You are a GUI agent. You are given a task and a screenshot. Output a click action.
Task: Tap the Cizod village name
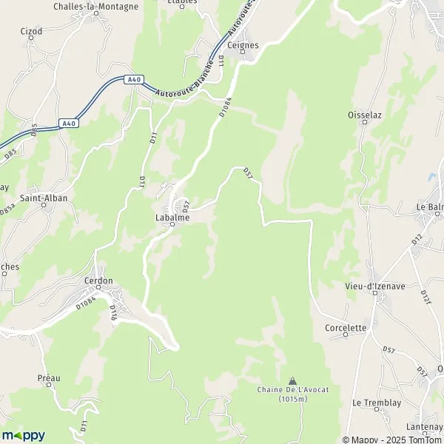click(33, 32)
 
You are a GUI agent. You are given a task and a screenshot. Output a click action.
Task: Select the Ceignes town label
click(243, 45)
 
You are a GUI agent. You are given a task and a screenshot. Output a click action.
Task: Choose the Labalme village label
click(172, 218)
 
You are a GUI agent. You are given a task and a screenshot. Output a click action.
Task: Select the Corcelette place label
click(346, 327)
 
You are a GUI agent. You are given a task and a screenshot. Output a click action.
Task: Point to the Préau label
click(49, 378)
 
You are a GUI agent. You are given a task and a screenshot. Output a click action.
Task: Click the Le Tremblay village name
click(376, 403)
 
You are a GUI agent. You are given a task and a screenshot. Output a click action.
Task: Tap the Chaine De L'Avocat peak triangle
click(291, 379)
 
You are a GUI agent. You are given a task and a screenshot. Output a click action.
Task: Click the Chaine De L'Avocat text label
click(283, 394)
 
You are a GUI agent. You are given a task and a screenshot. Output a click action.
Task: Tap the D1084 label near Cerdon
click(86, 302)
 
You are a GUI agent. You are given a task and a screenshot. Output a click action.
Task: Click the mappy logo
click(23, 435)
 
